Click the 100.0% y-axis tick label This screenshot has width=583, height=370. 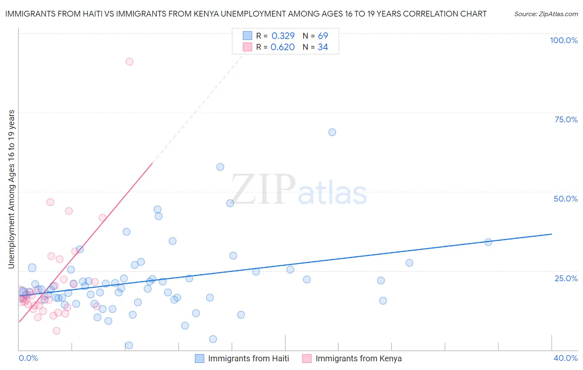[x=564, y=40]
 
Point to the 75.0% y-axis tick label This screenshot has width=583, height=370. [x=566, y=119]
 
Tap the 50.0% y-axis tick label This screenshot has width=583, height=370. [x=566, y=199]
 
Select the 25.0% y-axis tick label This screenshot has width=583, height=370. [x=566, y=278]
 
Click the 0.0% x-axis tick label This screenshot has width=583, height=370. [x=28, y=358]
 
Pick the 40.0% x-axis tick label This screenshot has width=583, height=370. [x=565, y=358]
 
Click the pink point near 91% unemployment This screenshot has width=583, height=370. [x=129, y=62]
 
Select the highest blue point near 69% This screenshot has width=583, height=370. [x=332, y=132]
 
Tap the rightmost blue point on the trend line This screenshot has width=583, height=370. [x=488, y=242]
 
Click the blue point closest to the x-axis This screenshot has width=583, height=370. [x=129, y=345]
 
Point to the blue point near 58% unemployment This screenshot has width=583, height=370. [x=220, y=167]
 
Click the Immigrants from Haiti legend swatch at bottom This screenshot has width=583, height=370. [x=199, y=358]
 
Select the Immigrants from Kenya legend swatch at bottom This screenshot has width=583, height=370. [x=307, y=358]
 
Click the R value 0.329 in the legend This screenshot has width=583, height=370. [x=283, y=36]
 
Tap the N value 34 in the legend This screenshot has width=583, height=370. [x=323, y=47]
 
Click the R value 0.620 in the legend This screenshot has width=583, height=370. [x=282, y=47]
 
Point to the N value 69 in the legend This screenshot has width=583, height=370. [x=323, y=36]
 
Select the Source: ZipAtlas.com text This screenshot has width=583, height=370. [x=546, y=14]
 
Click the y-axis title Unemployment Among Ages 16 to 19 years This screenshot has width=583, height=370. [x=11, y=189]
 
